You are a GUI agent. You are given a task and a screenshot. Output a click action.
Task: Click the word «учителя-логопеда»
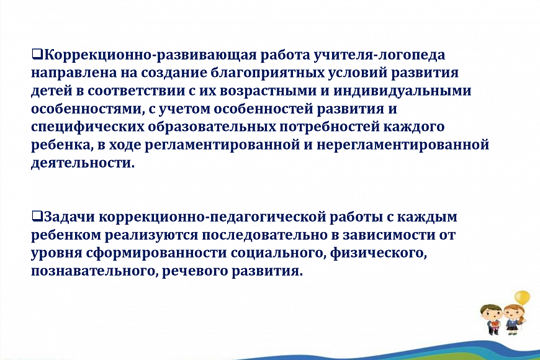[x=379, y=55]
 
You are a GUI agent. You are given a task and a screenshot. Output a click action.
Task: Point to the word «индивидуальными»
[x=402, y=91]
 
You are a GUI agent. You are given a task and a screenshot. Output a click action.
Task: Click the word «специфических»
[x=88, y=127]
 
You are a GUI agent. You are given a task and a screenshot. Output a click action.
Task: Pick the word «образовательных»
[x=212, y=127]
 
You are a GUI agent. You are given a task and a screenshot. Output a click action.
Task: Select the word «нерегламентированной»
[x=403, y=145]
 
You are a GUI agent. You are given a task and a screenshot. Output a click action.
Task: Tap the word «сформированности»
[x=156, y=253]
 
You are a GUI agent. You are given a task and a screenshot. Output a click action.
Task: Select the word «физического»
[x=379, y=253]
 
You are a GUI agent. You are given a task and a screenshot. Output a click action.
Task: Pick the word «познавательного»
[x=95, y=271]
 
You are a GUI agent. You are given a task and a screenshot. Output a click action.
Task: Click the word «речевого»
[x=195, y=271]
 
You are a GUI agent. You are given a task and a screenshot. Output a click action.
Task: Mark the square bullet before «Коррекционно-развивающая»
[x=37, y=54]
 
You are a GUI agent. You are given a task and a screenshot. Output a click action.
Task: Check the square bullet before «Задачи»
[x=37, y=216]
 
